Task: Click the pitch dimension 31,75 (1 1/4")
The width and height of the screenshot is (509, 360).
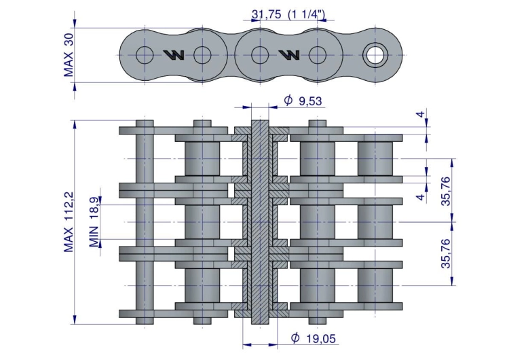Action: [x=288, y=14]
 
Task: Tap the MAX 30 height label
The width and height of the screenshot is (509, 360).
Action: [x=69, y=55]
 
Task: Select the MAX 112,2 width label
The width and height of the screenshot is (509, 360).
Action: [x=69, y=222]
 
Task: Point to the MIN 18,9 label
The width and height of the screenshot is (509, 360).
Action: [x=94, y=222]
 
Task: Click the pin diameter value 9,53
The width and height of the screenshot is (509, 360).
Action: [x=310, y=101]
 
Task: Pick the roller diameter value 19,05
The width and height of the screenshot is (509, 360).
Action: [x=321, y=339]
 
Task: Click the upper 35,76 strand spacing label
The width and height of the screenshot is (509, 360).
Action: [x=447, y=191]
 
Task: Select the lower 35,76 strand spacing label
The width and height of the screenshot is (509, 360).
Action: [x=447, y=253]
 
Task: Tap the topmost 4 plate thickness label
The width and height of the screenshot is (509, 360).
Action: [x=420, y=114]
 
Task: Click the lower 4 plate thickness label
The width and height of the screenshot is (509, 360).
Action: [x=420, y=197]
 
